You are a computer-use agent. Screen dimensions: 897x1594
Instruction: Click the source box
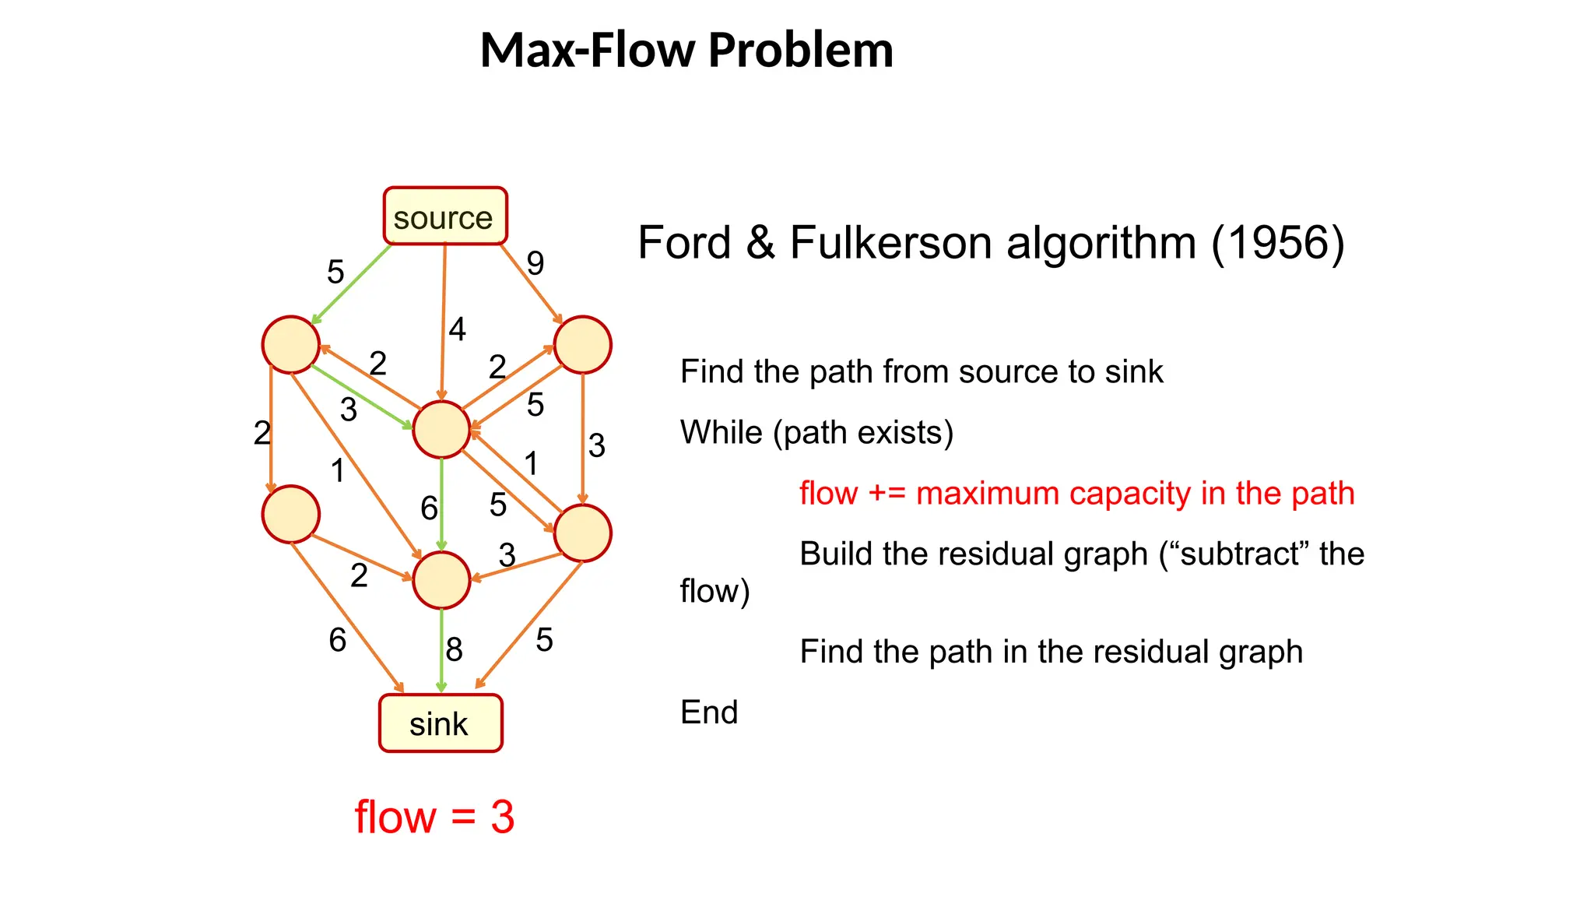pos(444,216)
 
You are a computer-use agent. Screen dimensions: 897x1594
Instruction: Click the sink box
pos(441,723)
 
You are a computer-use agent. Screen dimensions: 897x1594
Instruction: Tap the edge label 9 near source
pos(535,263)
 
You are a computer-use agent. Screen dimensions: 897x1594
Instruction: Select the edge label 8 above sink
pos(454,649)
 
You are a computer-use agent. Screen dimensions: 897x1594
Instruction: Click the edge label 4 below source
pos(457,329)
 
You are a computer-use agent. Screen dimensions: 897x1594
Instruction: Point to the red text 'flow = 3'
pos(434,817)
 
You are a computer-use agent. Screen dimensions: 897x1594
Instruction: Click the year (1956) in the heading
pos(1277,243)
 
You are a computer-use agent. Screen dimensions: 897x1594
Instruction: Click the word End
pos(708,712)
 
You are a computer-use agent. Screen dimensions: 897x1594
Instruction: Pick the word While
pos(721,432)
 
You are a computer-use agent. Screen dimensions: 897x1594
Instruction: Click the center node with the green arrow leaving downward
pos(441,429)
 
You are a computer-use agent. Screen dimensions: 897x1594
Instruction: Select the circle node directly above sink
pos(441,580)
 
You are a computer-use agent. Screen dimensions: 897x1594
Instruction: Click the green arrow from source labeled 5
pos(352,283)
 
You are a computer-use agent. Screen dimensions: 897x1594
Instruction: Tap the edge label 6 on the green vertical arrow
pos(429,508)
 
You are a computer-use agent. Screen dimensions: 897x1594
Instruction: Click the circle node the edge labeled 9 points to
pos(582,344)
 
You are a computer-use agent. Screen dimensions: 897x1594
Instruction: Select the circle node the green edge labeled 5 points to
pos(290,344)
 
